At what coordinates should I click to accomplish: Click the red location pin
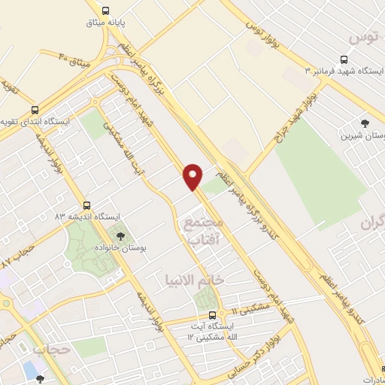pos(193,176)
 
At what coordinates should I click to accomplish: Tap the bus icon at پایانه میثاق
pos(105,11)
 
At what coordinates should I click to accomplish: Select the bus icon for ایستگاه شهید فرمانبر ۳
pos(344,60)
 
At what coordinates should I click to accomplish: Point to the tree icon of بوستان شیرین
pos(365,123)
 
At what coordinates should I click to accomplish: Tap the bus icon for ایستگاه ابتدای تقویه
pos(35,109)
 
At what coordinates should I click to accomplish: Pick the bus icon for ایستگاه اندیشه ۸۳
pos(88,205)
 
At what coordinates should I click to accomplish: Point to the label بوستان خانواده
pos(128,247)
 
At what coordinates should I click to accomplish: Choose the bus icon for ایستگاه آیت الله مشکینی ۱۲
pos(212,315)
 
